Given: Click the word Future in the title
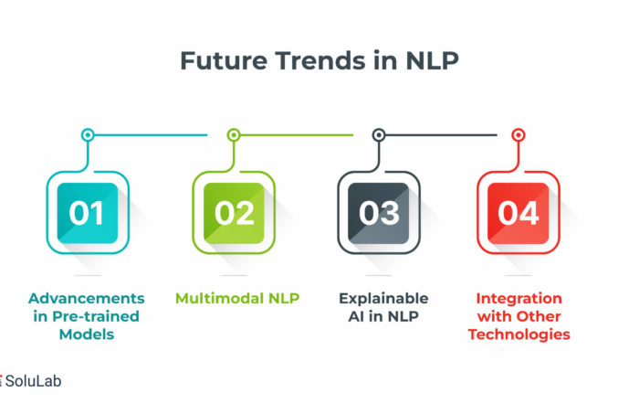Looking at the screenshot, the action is click(x=224, y=61).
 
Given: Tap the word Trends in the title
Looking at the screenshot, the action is click(x=320, y=61).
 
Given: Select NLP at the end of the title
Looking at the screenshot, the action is click(x=432, y=61).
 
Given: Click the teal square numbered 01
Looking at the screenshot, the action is click(x=88, y=213).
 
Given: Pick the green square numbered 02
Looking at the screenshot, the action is click(x=234, y=213).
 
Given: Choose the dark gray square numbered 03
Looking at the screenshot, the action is click(x=379, y=213).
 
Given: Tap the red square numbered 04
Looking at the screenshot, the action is click(x=518, y=213).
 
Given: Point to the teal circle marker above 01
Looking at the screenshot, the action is click(x=88, y=134).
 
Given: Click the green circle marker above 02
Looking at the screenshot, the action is click(x=234, y=134).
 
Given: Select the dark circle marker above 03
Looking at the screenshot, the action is click(x=379, y=134).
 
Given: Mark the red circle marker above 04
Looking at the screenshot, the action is click(x=518, y=134).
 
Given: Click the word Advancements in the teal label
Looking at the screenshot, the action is click(x=87, y=298).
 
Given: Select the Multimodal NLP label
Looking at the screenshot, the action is click(x=237, y=298).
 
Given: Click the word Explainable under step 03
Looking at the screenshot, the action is click(x=383, y=299).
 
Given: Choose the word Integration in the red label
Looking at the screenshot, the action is click(x=519, y=299).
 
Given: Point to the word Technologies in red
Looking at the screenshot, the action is click(x=519, y=334).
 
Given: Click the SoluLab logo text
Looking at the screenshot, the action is click(x=33, y=381).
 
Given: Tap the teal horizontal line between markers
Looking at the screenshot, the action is click(x=151, y=134).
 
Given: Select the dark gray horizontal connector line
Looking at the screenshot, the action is click(x=441, y=134).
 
